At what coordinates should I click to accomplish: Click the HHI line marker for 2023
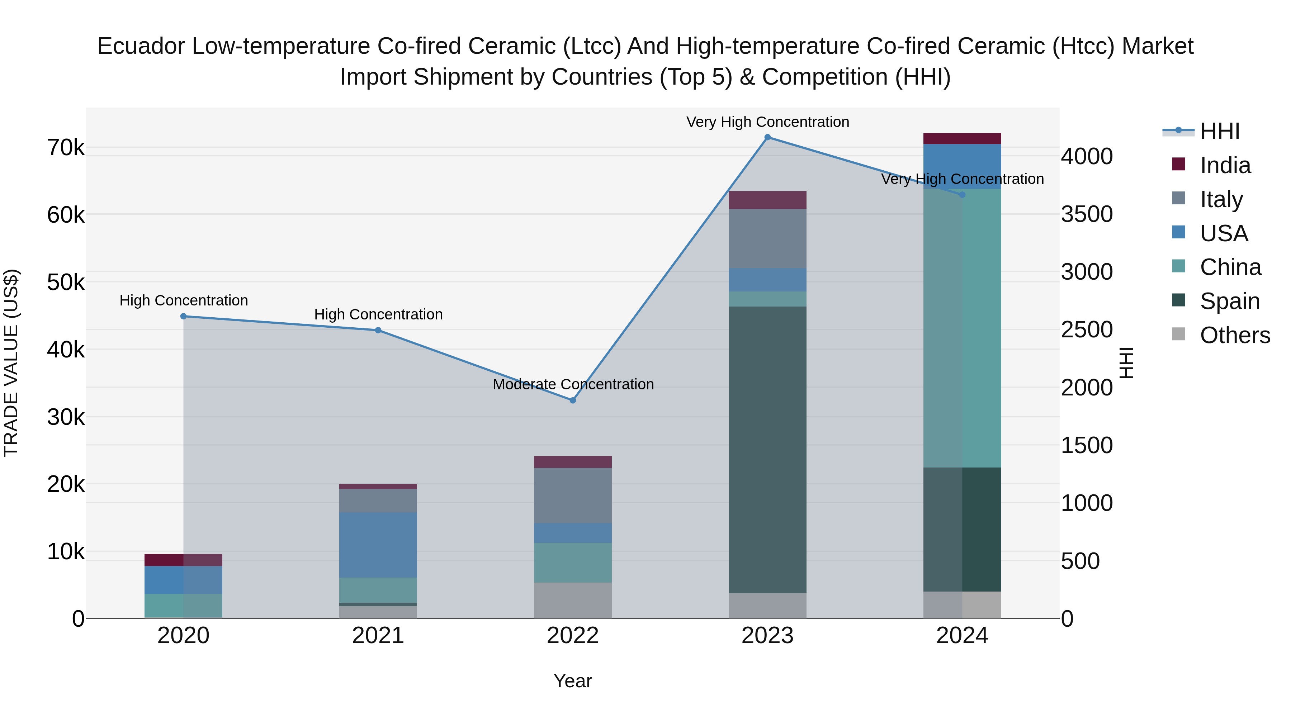pyautogui.click(x=767, y=137)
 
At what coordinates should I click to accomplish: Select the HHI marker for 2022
pyautogui.click(x=573, y=400)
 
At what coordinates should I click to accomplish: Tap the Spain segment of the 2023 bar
pyautogui.click(x=767, y=450)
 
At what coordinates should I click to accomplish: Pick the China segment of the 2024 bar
pyautogui.click(x=962, y=328)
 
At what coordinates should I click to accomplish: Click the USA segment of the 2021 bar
pyautogui.click(x=378, y=545)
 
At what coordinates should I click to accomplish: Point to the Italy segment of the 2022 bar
pyautogui.click(x=573, y=495)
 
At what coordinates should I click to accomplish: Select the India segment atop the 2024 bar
pyautogui.click(x=962, y=139)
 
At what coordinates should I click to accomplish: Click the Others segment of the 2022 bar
pyautogui.click(x=573, y=600)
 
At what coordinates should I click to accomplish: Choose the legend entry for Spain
pyautogui.click(x=1229, y=301)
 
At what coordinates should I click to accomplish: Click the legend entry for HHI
pyautogui.click(x=1219, y=131)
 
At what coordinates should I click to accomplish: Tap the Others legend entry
pyautogui.click(x=1234, y=335)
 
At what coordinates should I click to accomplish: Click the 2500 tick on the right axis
pyautogui.click(x=1087, y=330)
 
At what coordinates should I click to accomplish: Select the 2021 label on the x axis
pyautogui.click(x=378, y=636)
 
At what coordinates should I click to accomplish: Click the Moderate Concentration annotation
pyautogui.click(x=573, y=384)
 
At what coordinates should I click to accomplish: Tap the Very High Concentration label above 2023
pyautogui.click(x=767, y=122)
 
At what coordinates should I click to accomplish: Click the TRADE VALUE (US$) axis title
pyautogui.click(x=11, y=363)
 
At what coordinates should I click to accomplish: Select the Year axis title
pyautogui.click(x=572, y=681)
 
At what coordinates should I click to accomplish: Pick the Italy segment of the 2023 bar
pyautogui.click(x=767, y=238)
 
